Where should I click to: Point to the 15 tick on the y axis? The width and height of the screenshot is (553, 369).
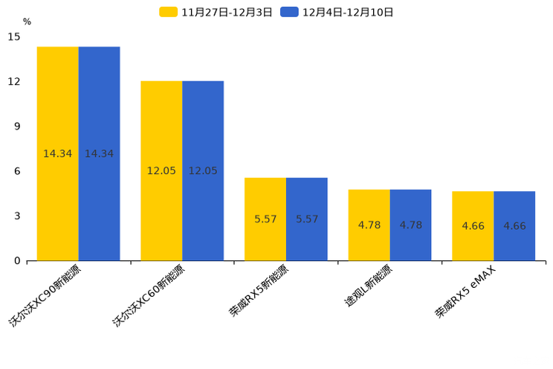pos(15,36)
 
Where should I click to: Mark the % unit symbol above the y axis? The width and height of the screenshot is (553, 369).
pos(27,22)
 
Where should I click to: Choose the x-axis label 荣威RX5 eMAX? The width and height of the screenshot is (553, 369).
pos(465,291)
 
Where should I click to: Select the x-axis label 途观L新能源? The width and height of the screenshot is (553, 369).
pos(367,286)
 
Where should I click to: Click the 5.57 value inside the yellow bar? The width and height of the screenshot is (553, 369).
pos(265,219)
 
